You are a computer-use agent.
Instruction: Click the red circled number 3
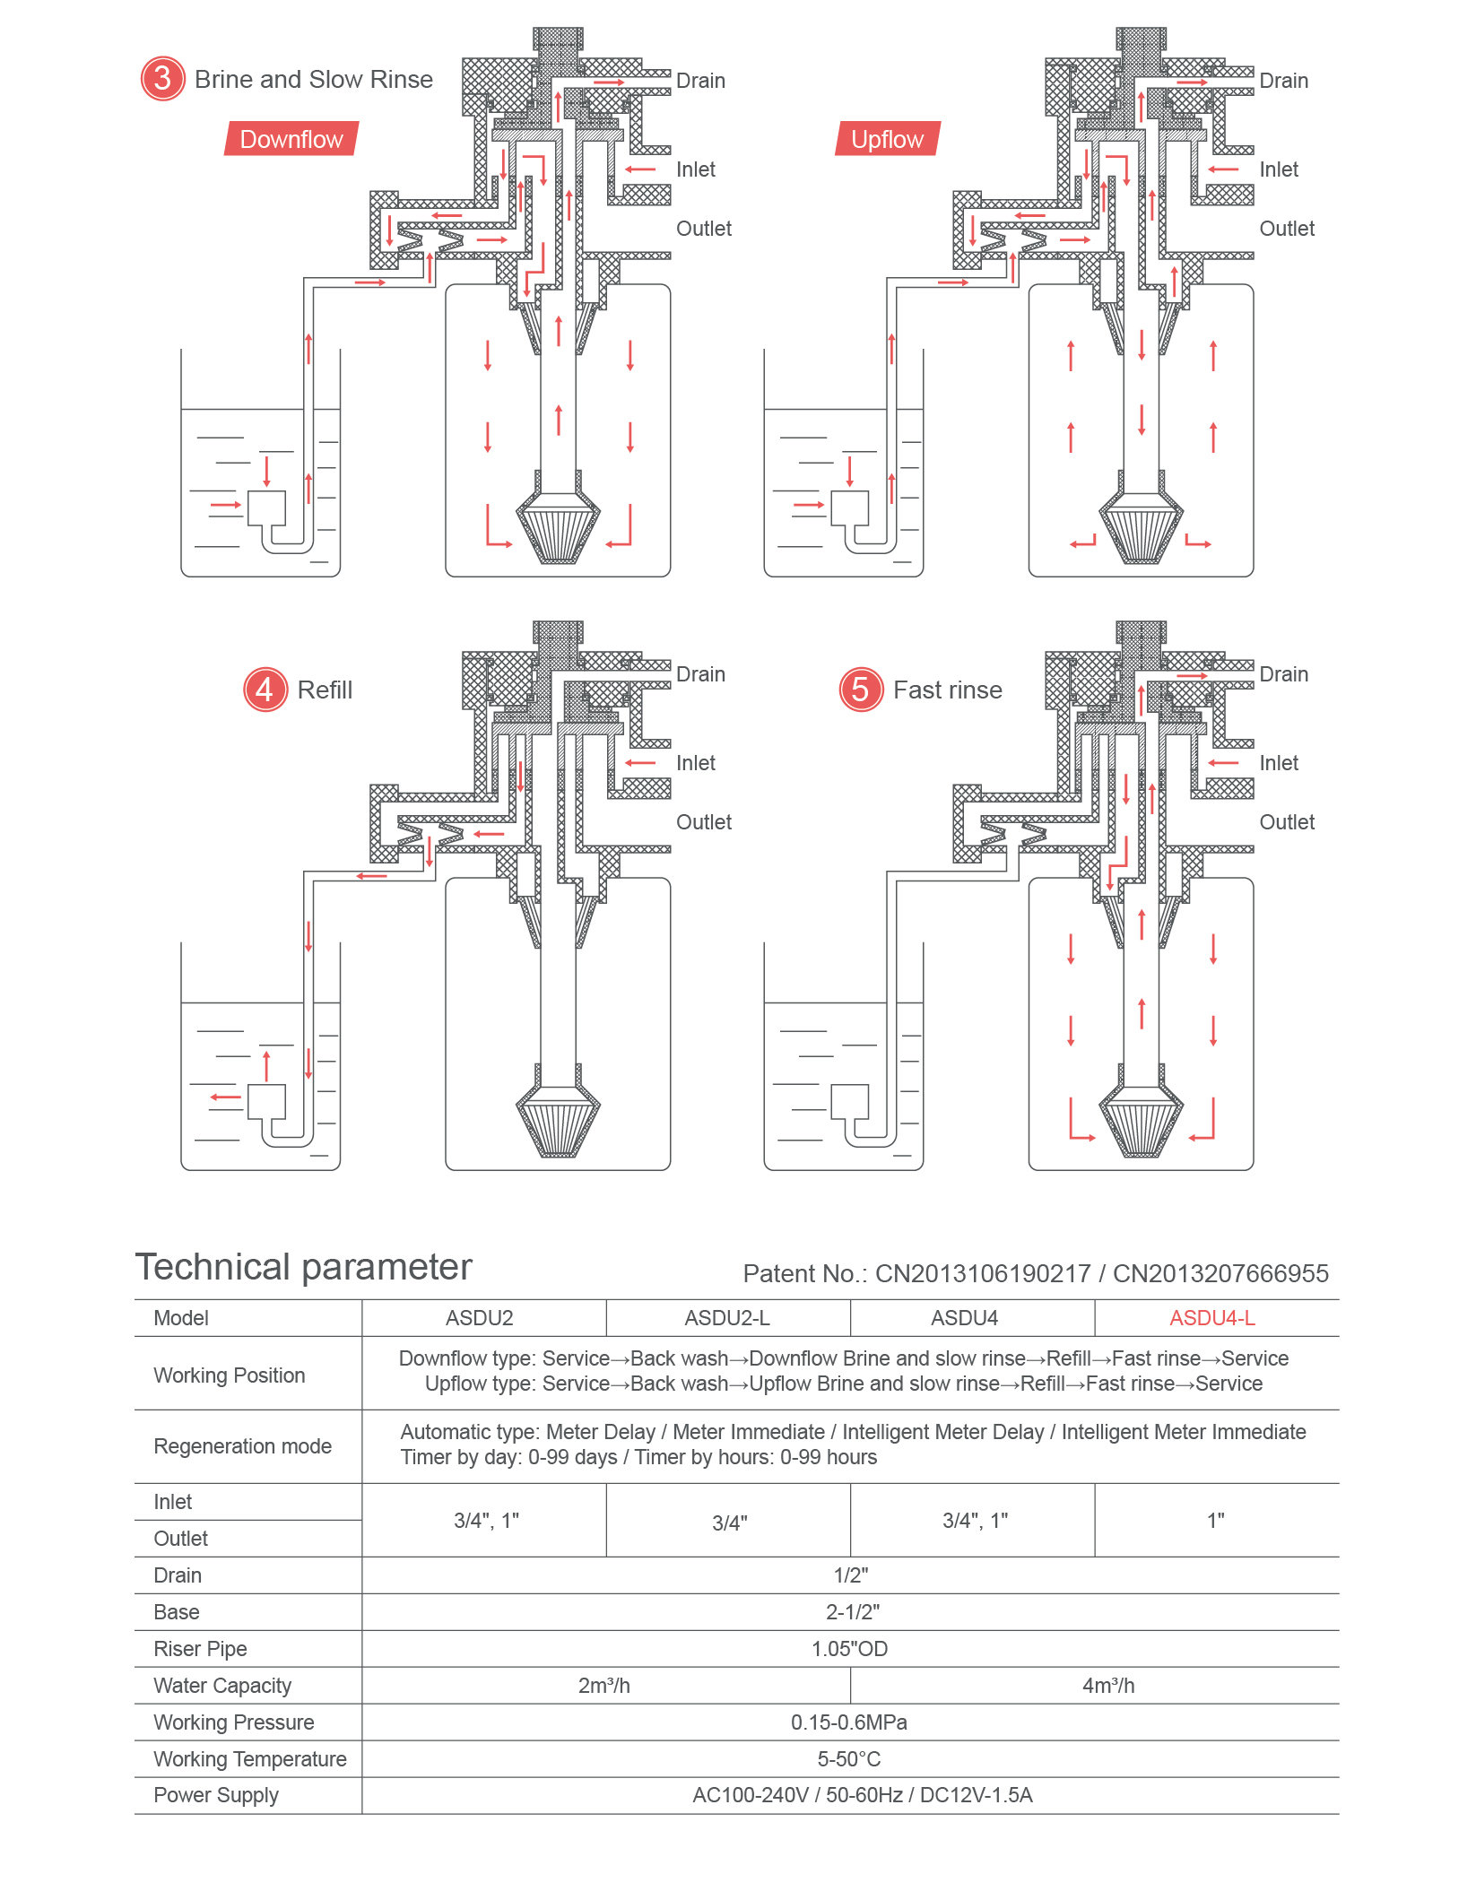pyautogui.click(x=162, y=79)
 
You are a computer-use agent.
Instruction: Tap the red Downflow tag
pyautogui.click(x=291, y=139)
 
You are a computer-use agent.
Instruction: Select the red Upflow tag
pyautogui.click(x=887, y=139)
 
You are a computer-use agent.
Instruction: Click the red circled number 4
pyautogui.click(x=265, y=690)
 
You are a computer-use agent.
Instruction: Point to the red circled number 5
pyautogui.click(x=860, y=690)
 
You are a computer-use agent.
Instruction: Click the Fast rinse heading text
pyautogui.click(x=947, y=690)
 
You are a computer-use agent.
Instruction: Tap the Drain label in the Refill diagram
pyautogui.click(x=700, y=674)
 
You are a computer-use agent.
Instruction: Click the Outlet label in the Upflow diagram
pyautogui.click(x=1287, y=229)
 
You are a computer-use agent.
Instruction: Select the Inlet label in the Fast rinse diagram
pyautogui.click(x=1278, y=763)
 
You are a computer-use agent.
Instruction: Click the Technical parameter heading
pyautogui.click(x=303, y=1267)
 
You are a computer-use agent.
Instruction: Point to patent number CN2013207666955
pyautogui.click(x=1220, y=1273)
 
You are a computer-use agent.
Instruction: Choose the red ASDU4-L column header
pyautogui.click(x=1211, y=1318)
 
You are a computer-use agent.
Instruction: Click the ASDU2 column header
pyautogui.click(x=480, y=1318)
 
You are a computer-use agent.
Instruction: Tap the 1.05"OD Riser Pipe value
pyautogui.click(x=849, y=1649)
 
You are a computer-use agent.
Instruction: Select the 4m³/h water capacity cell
pyautogui.click(x=1108, y=1686)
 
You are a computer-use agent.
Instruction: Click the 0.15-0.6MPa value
pyautogui.click(x=849, y=1722)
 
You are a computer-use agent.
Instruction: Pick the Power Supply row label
pyautogui.click(x=216, y=1795)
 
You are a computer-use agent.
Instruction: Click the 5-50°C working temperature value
pyautogui.click(x=849, y=1759)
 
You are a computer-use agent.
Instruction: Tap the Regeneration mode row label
pyautogui.click(x=242, y=1446)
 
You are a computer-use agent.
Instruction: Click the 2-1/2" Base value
pyautogui.click(x=852, y=1612)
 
